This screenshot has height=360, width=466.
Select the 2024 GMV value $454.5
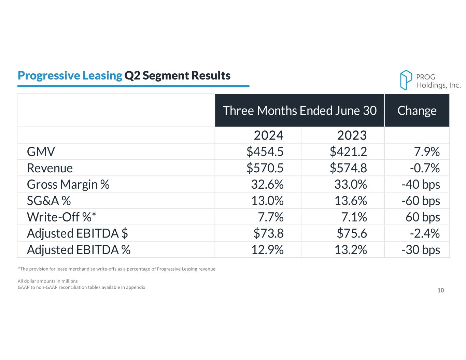click(265, 152)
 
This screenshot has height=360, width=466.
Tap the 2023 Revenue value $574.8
click(348, 168)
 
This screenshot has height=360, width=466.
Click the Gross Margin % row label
click(68, 184)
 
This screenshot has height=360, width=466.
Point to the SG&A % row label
click(49, 201)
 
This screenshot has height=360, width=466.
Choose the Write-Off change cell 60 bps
click(423, 217)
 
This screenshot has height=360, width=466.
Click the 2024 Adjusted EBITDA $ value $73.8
click(268, 233)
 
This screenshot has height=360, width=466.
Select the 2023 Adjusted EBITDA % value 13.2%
click(351, 250)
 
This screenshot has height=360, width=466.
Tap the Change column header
click(417, 111)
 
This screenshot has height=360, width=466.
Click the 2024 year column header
click(268, 135)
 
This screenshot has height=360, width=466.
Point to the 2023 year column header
click(352, 135)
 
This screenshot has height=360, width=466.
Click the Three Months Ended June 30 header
click(299, 111)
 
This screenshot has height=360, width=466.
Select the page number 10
click(440, 290)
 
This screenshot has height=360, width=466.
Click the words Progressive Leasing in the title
click(70, 75)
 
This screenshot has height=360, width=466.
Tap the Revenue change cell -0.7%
click(425, 168)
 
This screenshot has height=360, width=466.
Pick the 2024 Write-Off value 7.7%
click(271, 217)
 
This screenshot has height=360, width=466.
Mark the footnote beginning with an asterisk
click(116, 269)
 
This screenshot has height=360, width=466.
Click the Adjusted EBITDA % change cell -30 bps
click(421, 250)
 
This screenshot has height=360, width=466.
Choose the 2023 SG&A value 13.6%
click(351, 201)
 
